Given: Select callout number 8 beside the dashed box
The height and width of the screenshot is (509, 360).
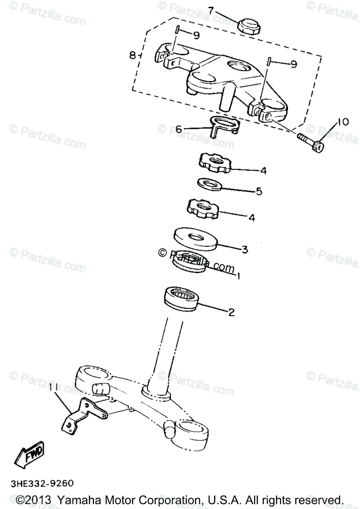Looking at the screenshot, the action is pyautogui.click(x=133, y=55).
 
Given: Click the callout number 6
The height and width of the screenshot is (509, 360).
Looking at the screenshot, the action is pyautogui.click(x=179, y=129).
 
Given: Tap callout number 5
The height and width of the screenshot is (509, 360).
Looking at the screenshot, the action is pyautogui.click(x=259, y=191).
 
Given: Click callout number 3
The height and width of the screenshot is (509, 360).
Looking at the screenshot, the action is pyautogui.click(x=245, y=249).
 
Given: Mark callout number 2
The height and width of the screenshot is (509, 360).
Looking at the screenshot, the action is pyautogui.click(x=231, y=313).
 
